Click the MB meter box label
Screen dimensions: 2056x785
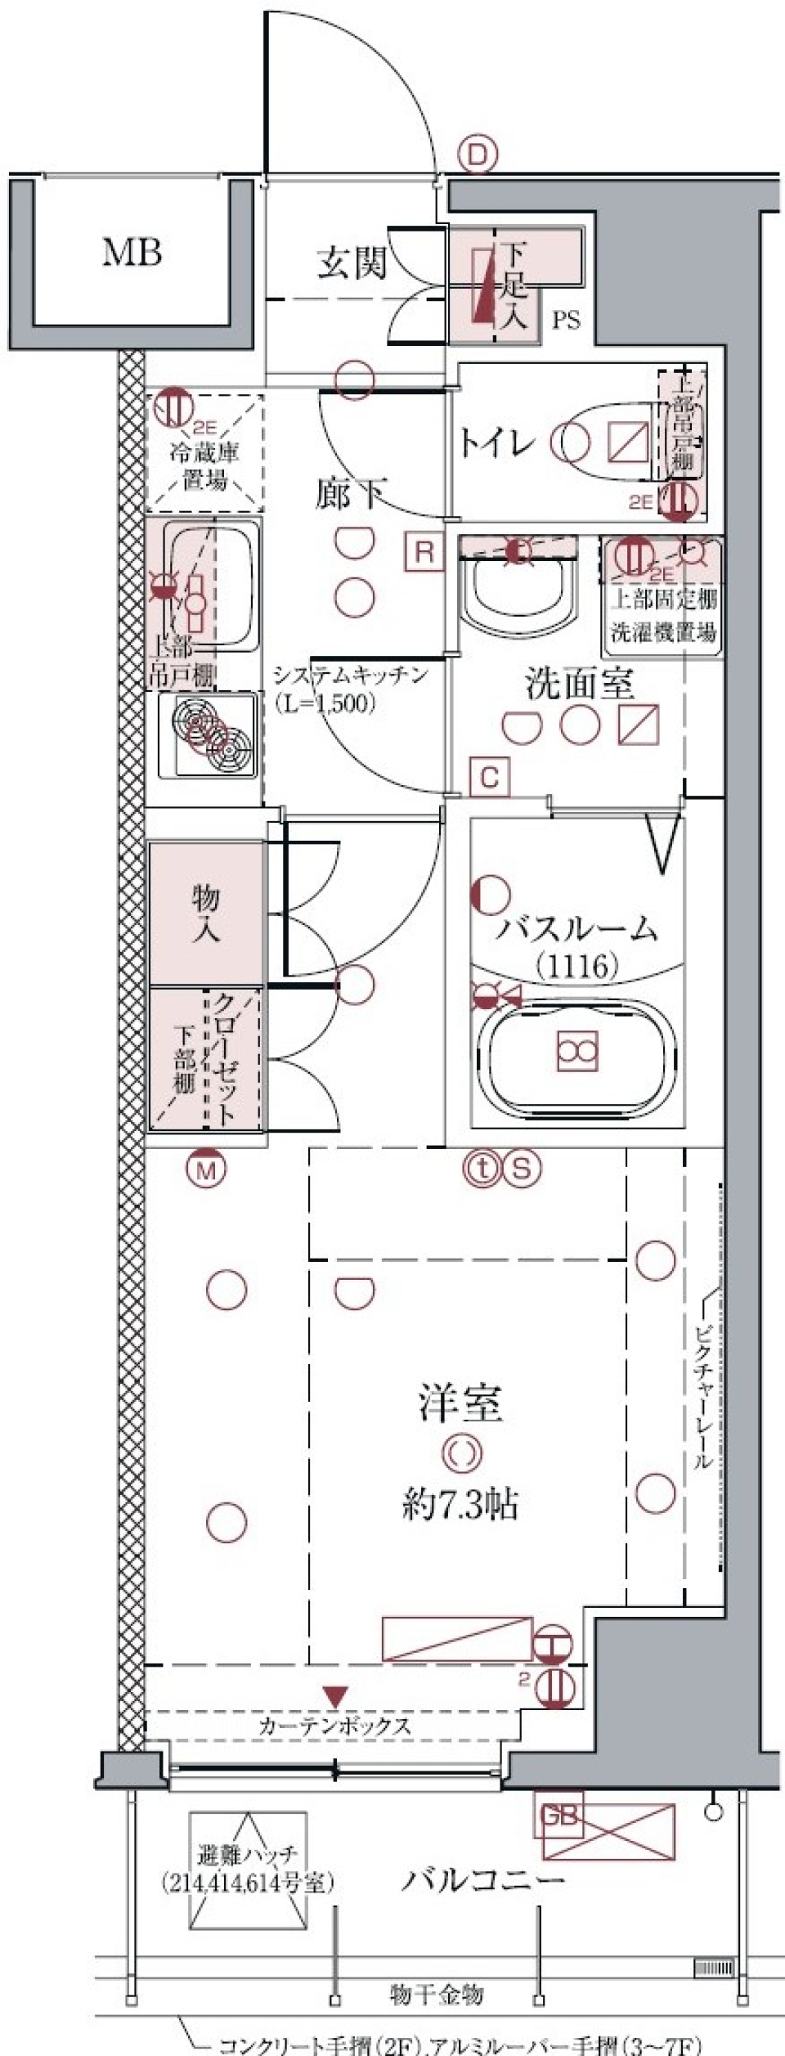pos(131,253)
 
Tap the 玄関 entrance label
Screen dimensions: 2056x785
pos(352,263)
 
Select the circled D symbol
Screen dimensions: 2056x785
pos(478,155)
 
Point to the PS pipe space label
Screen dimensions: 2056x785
pos(565,321)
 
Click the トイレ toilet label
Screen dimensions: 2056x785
pos(496,442)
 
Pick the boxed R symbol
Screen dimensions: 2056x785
pos(424,552)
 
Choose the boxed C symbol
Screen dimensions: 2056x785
pos(489,776)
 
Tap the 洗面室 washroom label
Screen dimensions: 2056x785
pos(580,684)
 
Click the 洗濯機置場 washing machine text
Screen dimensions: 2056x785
pos(664,633)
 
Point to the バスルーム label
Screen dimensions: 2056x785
pos(578,929)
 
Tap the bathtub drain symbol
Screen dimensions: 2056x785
pos(577,1050)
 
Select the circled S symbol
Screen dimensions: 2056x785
pos(523,1168)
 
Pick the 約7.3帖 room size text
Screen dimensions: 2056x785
pos(460,1503)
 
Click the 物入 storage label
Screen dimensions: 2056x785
pos(206,914)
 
